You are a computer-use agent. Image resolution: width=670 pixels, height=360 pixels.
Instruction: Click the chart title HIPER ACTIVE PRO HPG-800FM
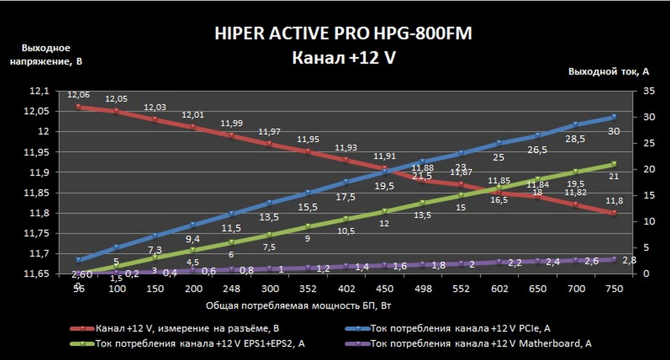pos(343,34)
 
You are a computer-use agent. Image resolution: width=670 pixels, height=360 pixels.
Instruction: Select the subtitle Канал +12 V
pos(344,58)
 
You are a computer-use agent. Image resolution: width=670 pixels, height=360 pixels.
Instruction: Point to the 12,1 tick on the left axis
pos(39,91)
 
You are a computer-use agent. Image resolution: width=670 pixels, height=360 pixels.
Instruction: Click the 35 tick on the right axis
pos(649,91)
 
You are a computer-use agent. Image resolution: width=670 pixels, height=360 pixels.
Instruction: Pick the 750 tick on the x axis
pos(615,289)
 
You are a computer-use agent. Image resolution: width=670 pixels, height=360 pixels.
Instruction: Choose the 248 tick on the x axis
pos(231,289)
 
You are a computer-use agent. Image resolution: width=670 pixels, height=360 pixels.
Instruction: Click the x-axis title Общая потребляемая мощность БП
pos(298,306)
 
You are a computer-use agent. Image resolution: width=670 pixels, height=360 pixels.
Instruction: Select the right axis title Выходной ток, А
pos(609,72)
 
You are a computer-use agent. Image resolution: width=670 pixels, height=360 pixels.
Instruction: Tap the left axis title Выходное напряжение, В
pos(46,55)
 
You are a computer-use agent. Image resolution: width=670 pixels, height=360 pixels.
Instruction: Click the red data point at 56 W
pos(79,107)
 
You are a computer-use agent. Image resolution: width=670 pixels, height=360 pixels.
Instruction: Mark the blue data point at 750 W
pos(614,117)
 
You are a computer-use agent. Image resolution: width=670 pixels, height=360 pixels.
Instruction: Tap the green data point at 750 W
pos(614,164)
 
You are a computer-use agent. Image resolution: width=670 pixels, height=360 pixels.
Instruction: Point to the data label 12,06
pos(79,95)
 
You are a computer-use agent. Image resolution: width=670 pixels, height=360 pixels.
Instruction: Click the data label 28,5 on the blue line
pos(575,139)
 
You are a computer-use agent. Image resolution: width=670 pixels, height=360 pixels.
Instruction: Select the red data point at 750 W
pos(614,213)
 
